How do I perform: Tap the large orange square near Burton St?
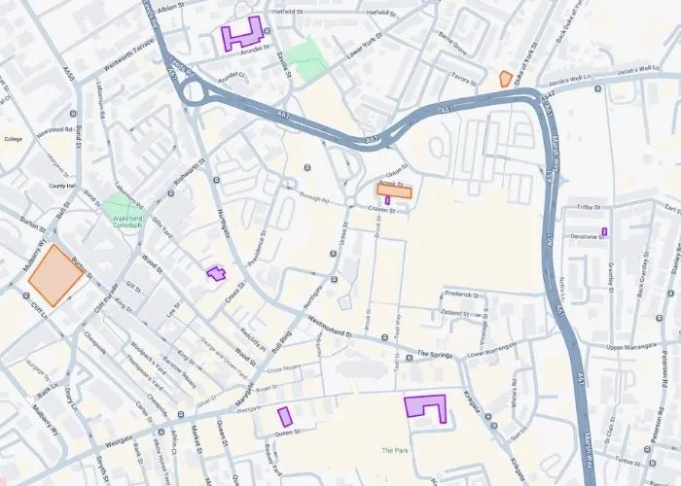54,274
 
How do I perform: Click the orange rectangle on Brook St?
395,191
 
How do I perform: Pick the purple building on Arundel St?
243,34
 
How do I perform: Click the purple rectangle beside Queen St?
285,417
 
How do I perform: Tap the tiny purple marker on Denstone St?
605,230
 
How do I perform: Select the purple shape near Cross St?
215,273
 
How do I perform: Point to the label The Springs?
436,354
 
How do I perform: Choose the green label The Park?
395,450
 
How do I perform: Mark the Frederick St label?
462,294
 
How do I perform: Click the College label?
13,139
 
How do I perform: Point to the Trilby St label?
591,208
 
